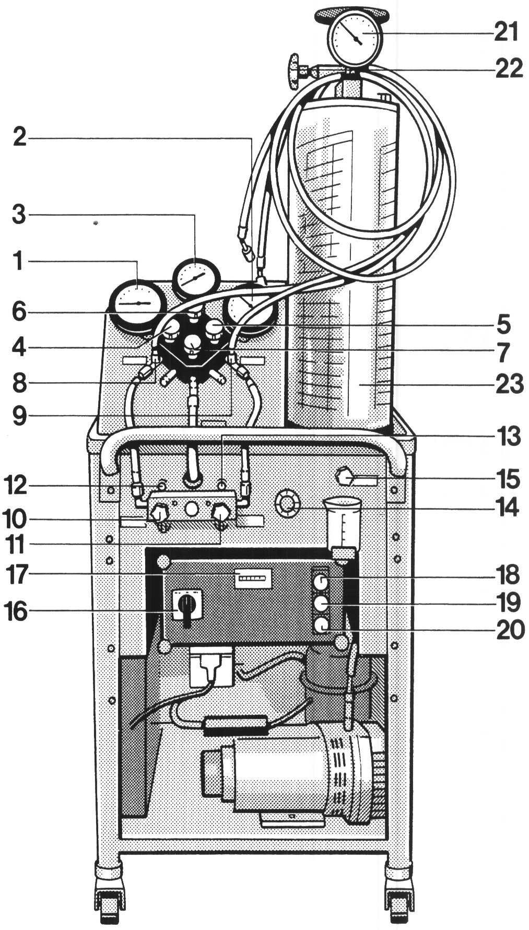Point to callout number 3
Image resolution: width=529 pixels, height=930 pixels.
pyautogui.click(x=19, y=215)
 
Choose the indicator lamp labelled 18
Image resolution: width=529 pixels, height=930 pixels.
pyautogui.click(x=321, y=581)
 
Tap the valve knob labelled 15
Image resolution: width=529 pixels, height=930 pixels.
pyautogui.click(x=346, y=477)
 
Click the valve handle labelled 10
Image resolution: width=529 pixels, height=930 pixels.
pyautogui.click(x=159, y=517)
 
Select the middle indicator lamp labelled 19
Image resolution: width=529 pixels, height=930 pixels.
pyautogui.click(x=321, y=603)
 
